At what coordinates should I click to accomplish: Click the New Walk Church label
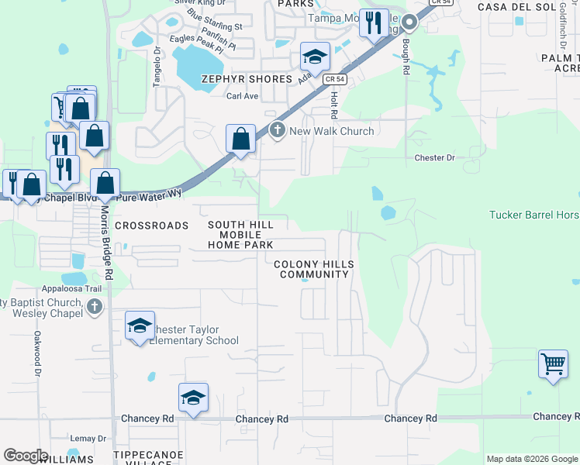click(331, 131)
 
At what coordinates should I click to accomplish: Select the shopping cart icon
click(553, 363)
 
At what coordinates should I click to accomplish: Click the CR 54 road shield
click(333, 79)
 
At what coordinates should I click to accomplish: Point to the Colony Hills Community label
click(314, 270)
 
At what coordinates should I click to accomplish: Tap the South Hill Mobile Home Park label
click(240, 235)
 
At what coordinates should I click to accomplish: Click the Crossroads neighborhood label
click(151, 226)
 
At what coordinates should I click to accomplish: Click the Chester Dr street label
click(434, 158)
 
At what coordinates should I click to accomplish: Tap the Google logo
click(26, 456)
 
